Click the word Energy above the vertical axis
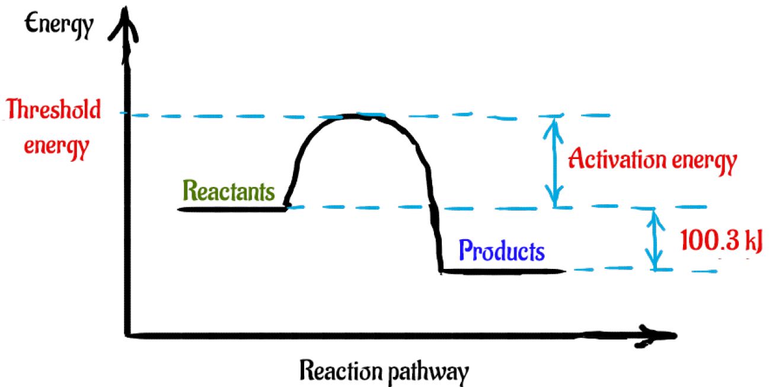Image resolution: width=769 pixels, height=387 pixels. coord(58,24)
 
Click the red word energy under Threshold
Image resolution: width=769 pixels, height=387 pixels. coord(57,146)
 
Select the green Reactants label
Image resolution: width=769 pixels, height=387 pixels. coord(229,191)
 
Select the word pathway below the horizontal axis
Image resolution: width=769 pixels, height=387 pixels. coord(426,372)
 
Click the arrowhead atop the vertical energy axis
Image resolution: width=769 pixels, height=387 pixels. coord(126,18)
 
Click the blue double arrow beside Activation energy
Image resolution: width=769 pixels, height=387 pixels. coord(554,160)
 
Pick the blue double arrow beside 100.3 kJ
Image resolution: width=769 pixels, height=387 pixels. coord(655,239)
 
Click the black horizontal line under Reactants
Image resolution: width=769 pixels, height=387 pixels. coord(231,209)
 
